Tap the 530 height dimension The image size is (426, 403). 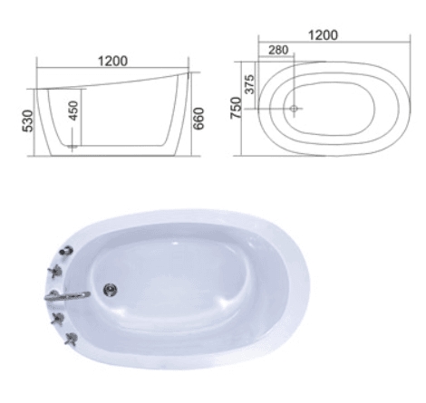pos(28,120)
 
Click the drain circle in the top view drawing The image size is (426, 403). pos(295,109)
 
